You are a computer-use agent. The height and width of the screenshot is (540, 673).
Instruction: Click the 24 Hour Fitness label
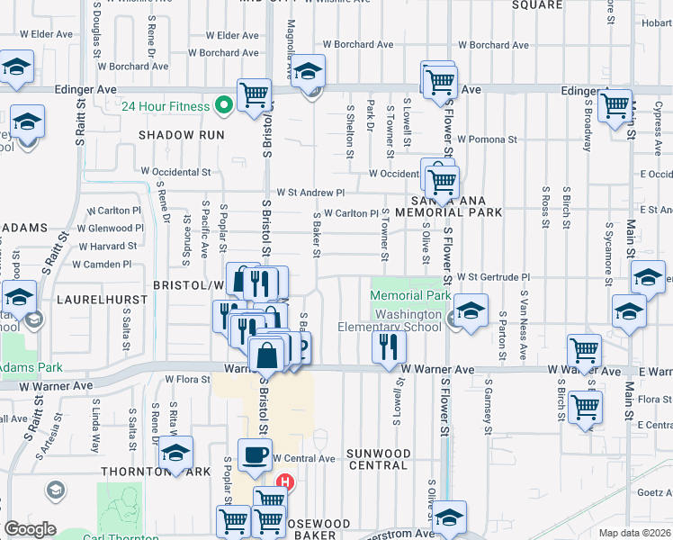point(166,105)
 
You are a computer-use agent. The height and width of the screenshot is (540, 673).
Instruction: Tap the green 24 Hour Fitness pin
point(222,106)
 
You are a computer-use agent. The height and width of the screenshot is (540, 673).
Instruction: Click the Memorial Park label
point(410,295)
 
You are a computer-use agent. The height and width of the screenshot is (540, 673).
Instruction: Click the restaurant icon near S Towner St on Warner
point(388,346)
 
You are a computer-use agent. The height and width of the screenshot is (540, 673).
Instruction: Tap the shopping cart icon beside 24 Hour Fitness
point(255,93)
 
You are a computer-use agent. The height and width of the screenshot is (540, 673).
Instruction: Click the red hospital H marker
point(286,481)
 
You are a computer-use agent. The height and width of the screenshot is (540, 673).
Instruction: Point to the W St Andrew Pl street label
point(310,193)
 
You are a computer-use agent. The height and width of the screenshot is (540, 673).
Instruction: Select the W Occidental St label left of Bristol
point(175,171)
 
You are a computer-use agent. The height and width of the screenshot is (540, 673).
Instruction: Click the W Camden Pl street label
point(102,265)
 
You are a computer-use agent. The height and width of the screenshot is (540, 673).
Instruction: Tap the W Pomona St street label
point(485,139)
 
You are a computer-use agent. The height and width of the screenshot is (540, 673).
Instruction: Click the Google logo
point(31,529)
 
